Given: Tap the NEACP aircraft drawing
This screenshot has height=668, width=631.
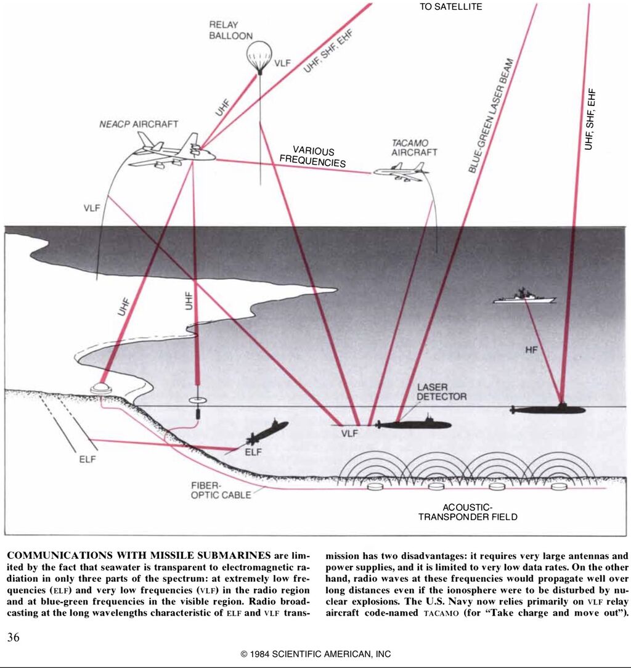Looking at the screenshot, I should [x=173, y=152].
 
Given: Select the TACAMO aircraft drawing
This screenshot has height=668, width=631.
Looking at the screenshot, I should [x=401, y=172].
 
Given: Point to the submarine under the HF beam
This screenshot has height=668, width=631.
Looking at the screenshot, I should [x=548, y=409].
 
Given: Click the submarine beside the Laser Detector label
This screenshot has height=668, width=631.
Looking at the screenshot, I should [x=413, y=424].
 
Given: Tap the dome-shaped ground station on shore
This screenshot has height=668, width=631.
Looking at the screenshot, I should [x=100, y=389].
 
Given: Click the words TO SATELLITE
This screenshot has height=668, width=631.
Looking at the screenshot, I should [x=451, y=7].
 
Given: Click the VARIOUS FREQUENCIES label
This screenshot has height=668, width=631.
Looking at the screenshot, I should [x=312, y=157].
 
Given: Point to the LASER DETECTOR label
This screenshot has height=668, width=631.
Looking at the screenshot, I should [x=441, y=392].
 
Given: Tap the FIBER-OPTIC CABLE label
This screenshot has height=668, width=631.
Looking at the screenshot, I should [x=221, y=491].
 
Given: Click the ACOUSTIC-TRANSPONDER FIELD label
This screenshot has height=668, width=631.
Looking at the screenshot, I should [x=468, y=511].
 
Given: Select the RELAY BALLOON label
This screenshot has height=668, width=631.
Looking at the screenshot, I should [x=230, y=30].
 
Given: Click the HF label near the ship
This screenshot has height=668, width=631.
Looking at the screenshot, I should [x=531, y=350].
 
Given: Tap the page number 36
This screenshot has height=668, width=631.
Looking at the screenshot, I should [x=13, y=637].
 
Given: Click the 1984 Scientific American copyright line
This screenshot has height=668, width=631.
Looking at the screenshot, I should [x=315, y=654].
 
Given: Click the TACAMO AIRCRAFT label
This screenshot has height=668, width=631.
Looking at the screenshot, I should [x=414, y=147].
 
